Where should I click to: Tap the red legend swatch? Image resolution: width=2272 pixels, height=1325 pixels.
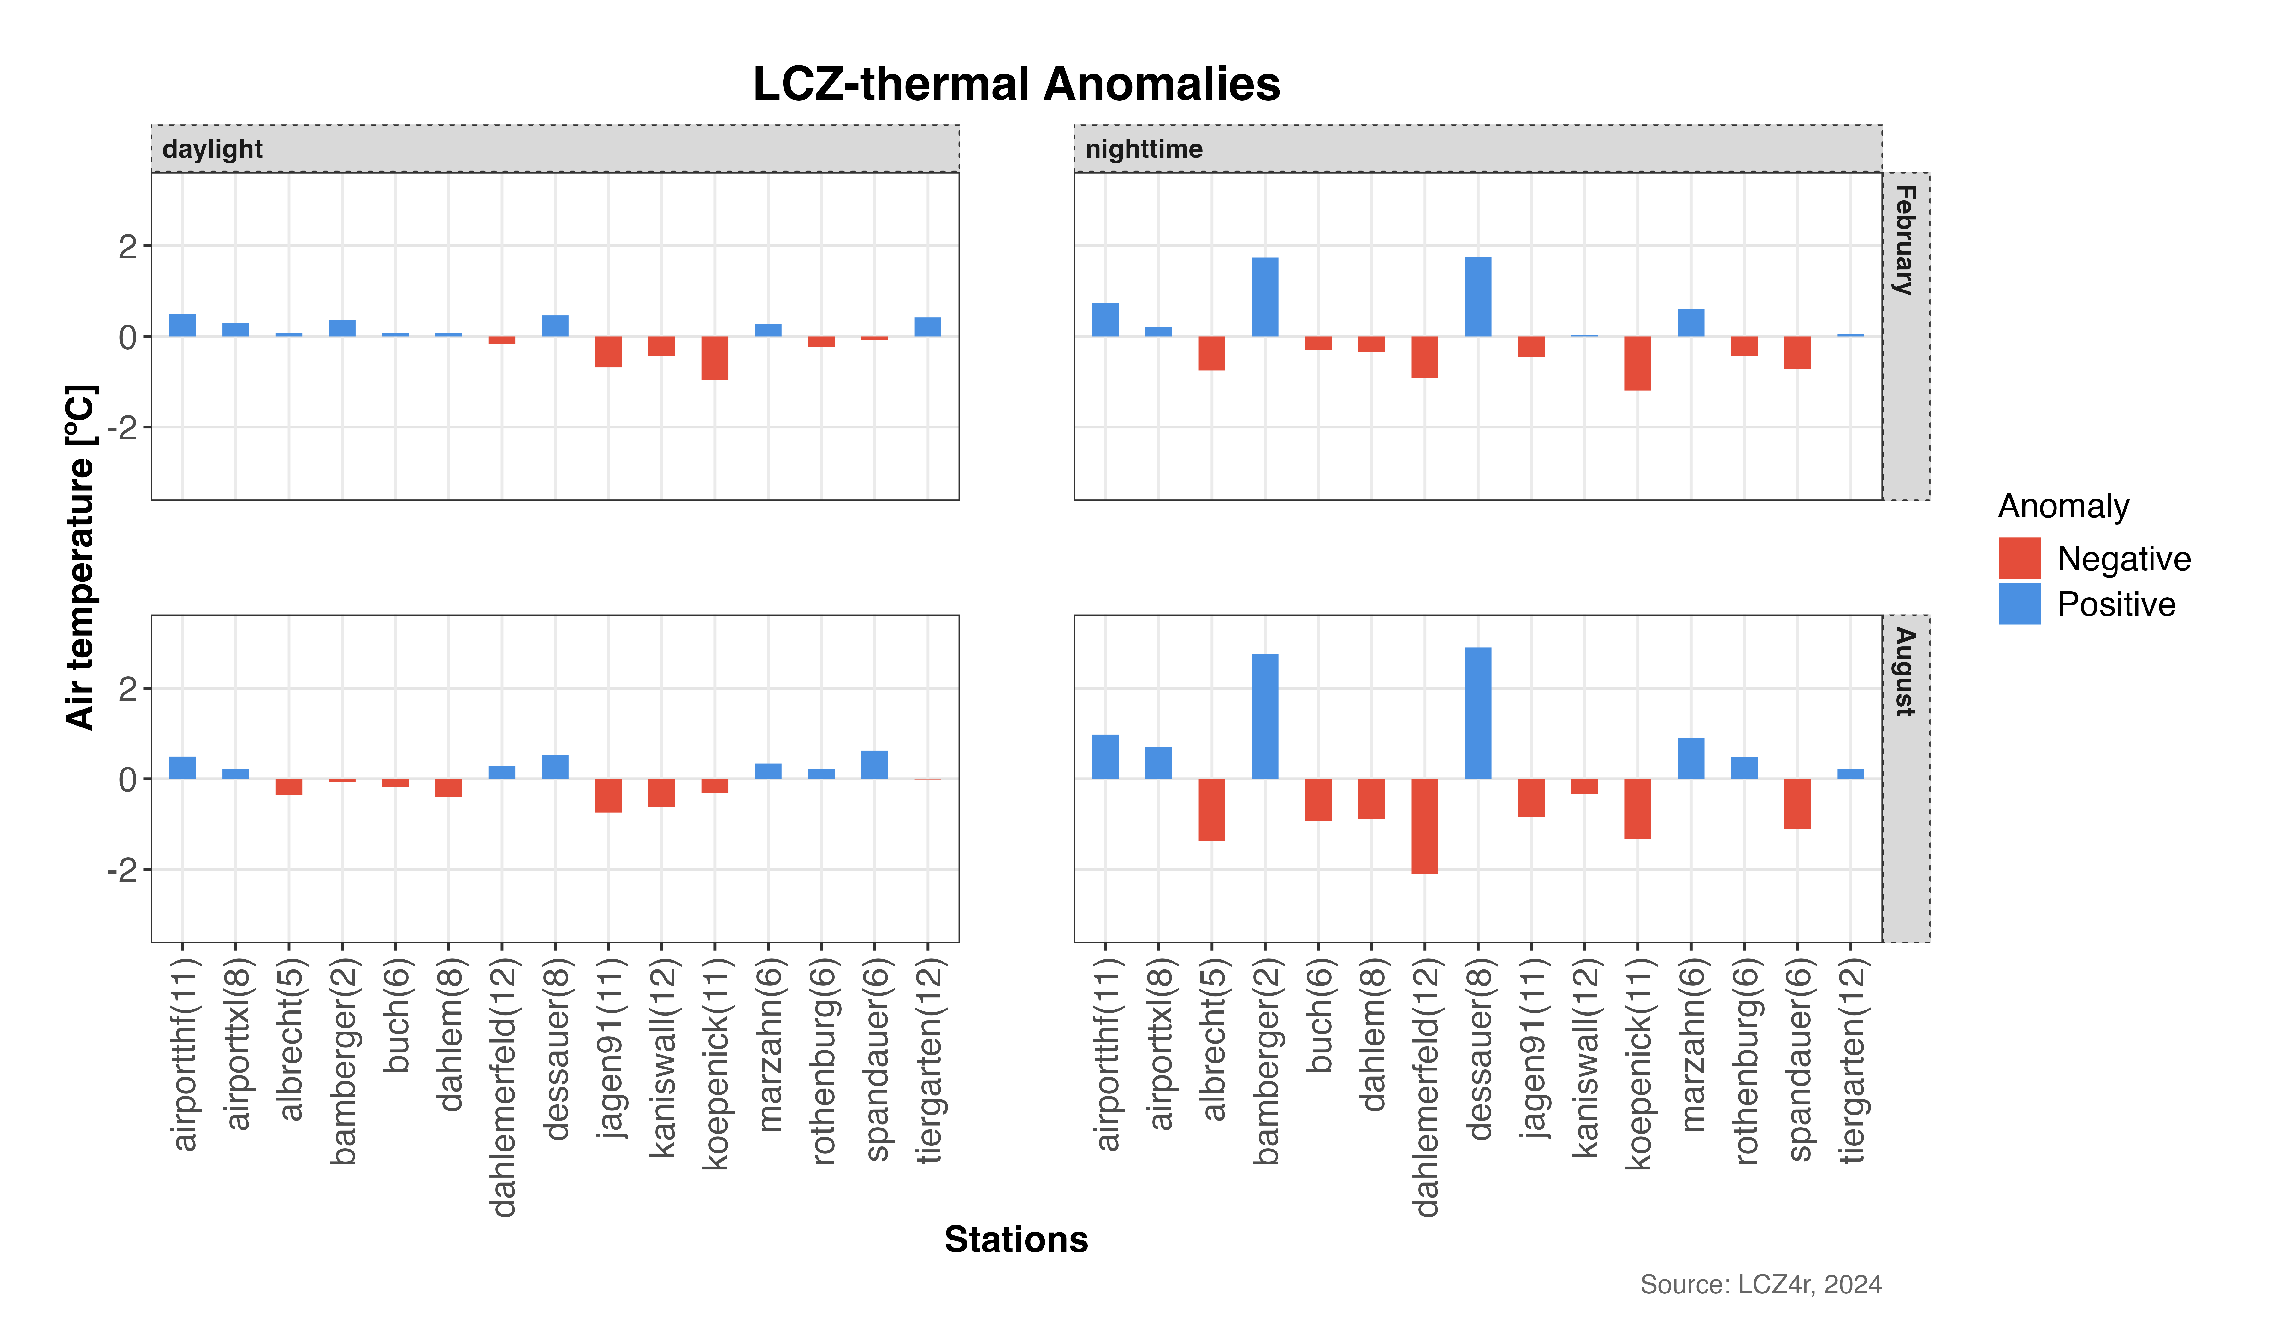pyautogui.click(x=2020, y=558)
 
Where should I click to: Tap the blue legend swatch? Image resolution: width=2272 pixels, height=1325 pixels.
pyautogui.click(x=2020, y=603)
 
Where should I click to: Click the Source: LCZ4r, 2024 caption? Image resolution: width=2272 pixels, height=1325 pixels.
pyautogui.click(x=1760, y=1284)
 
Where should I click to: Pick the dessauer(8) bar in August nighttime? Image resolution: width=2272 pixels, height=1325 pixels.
pyautogui.click(x=1478, y=713)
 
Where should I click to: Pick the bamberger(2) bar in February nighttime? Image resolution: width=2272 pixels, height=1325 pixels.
pyautogui.click(x=1265, y=297)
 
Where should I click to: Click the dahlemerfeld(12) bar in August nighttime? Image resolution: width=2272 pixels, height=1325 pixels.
pyautogui.click(x=1424, y=827)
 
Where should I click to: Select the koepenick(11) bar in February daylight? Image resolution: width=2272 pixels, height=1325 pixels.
pyautogui.click(x=715, y=358)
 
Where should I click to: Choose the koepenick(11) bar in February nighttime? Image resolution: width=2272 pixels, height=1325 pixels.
pyautogui.click(x=1637, y=363)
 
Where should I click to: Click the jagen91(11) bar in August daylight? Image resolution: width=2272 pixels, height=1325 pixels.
pyautogui.click(x=609, y=796)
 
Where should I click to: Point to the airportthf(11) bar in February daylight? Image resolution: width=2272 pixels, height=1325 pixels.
pyautogui.click(x=182, y=325)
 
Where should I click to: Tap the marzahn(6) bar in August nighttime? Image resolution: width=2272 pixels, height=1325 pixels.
pyautogui.click(x=1690, y=758)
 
